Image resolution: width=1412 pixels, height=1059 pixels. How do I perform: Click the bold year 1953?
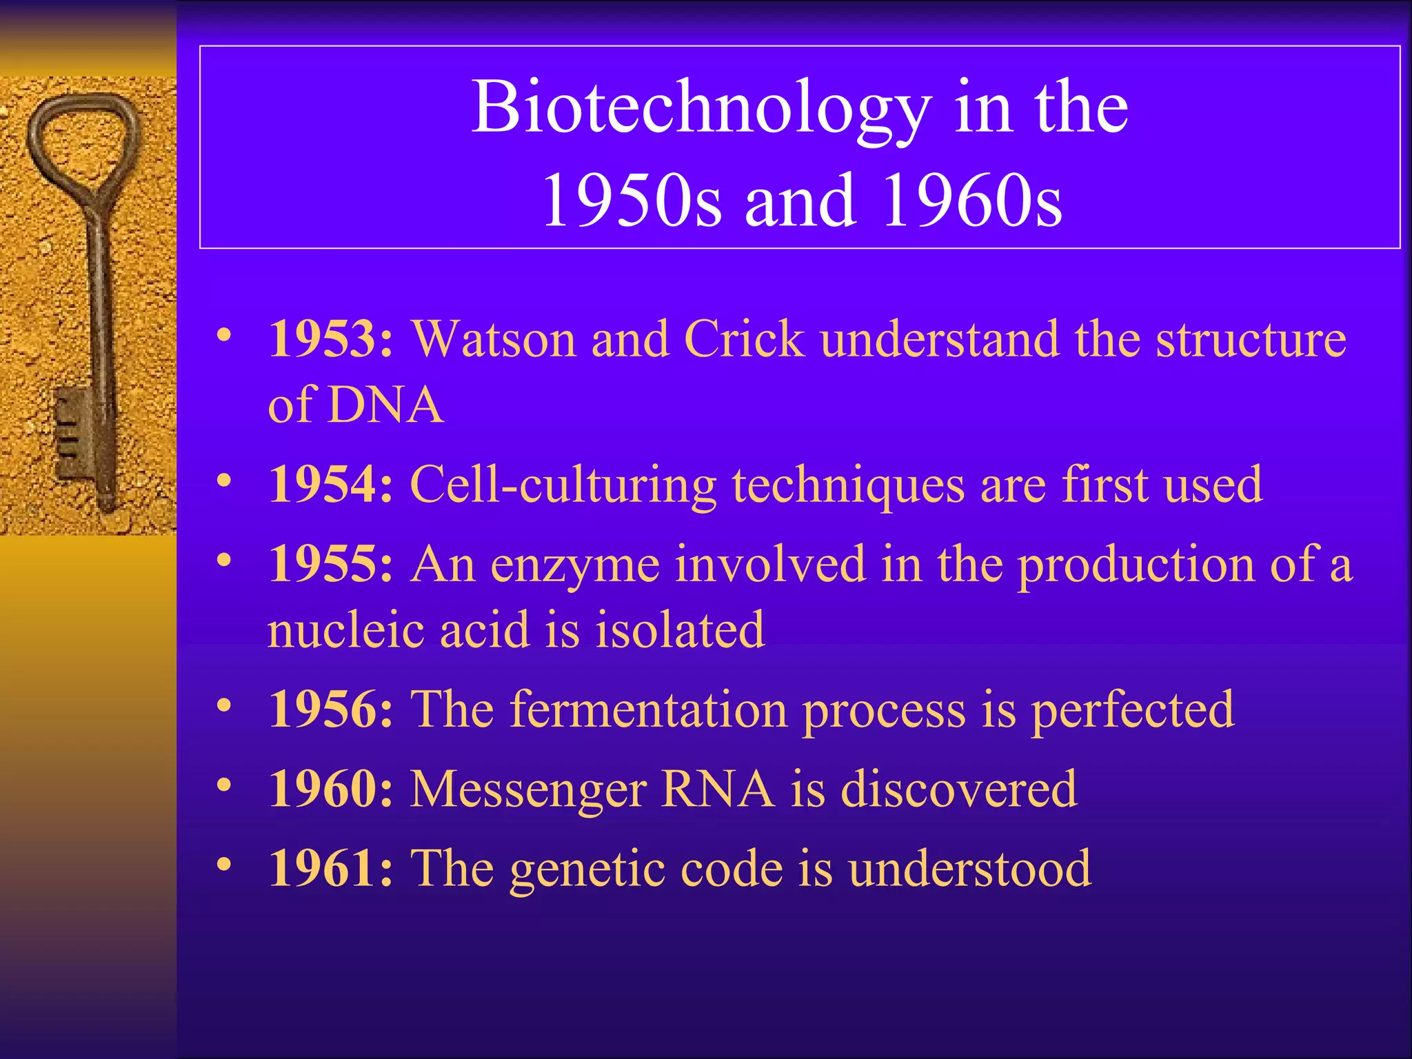pyautogui.click(x=331, y=339)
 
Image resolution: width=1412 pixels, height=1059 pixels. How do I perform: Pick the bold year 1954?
pyautogui.click(x=331, y=485)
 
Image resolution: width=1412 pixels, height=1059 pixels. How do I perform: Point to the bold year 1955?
pyautogui.click(x=331, y=564)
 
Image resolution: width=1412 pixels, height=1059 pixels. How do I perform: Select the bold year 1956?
pyautogui.click(x=331, y=709)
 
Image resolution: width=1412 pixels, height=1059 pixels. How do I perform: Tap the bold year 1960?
pyautogui.click(x=331, y=789)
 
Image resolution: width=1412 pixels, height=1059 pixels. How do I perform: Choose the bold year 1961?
pyautogui.click(x=331, y=868)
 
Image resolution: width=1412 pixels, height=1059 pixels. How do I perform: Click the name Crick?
pyautogui.click(x=744, y=339)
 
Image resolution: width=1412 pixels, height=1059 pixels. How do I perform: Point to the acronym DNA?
pyautogui.click(x=385, y=405)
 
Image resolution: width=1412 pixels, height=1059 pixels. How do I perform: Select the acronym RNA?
pyautogui.click(x=717, y=789)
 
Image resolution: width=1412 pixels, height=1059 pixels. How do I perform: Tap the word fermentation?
pyautogui.click(x=648, y=709)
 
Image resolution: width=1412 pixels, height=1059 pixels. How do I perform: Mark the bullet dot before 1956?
pyautogui.click(x=223, y=706)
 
